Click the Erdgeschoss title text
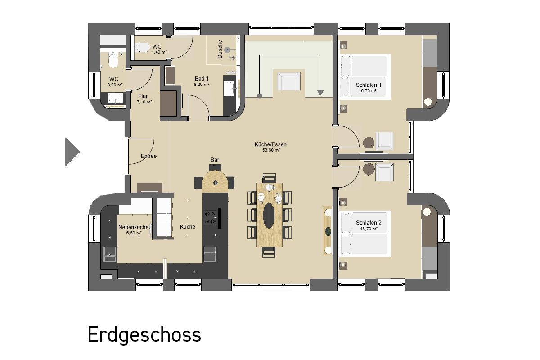[144, 335]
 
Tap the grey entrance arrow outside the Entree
[72, 152]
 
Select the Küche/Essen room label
[270, 144]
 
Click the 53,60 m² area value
[271, 150]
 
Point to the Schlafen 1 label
[369, 85]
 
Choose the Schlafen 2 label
[369, 223]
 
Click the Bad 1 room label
[202, 79]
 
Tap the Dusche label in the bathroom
[220, 49]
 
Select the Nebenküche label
[133, 227]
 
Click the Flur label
[143, 96]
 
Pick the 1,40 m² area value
[159, 52]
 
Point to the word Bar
[215, 160]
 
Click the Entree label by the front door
[149, 156]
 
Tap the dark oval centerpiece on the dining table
[269, 215]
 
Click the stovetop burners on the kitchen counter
[210, 218]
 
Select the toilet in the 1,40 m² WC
[142, 48]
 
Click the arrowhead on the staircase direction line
[320, 93]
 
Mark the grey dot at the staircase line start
[260, 96]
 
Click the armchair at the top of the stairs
[289, 81]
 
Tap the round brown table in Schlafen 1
[369, 143]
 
